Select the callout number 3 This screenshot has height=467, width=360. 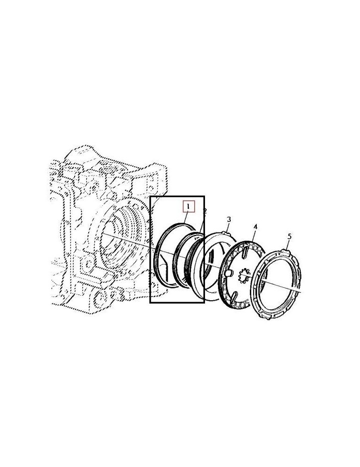pyautogui.click(x=229, y=219)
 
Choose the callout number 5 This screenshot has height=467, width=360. pyautogui.click(x=289, y=237)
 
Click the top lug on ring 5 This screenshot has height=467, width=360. pyautogui.click(x=286, y=252)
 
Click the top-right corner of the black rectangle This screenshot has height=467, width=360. pyautogui.click(x=204, y=197)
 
